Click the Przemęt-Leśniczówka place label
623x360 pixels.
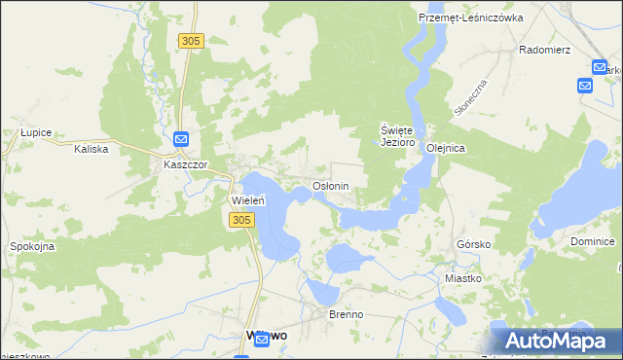click(x=470, y=18)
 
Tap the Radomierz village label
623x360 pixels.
click(x=544, y=49)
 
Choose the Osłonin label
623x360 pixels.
click(x=330, y=185)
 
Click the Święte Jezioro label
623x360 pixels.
click(x=397, y=135)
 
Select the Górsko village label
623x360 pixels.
click(x=473, y=244)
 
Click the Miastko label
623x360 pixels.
click(x=463, y=278)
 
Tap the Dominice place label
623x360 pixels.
click(x=593, y=240)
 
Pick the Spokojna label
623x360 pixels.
click(x=32, y=246)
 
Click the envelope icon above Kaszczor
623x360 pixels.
click(x=182, y=140)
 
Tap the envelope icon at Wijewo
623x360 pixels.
click(x=261, y=339)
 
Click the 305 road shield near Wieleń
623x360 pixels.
click(x=242, y=221)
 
